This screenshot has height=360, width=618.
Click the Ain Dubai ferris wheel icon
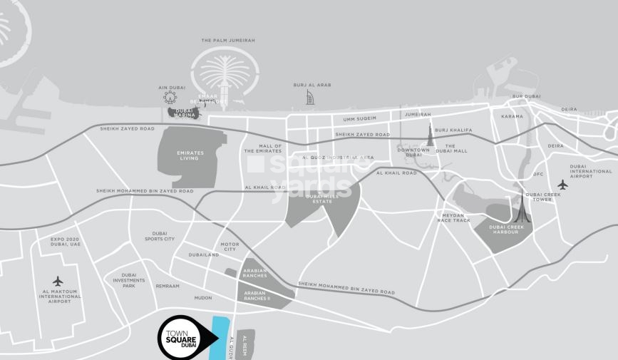[x=170, y=97]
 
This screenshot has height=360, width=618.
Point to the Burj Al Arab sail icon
[x=309, y=97]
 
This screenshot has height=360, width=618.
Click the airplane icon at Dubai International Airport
[x=562, y=185]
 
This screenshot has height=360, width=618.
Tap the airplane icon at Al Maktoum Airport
[x=58, y=281]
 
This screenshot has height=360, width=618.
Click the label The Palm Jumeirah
[x=228, y=41]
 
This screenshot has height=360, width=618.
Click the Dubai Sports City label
[x=159, y=236]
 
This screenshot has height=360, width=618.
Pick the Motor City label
[x=229, y=247]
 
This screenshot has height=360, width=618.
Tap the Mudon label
[x=203, y=298]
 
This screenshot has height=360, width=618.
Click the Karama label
[x=512, y=116]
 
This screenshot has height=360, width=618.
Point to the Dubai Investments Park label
[x=129, y=280]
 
